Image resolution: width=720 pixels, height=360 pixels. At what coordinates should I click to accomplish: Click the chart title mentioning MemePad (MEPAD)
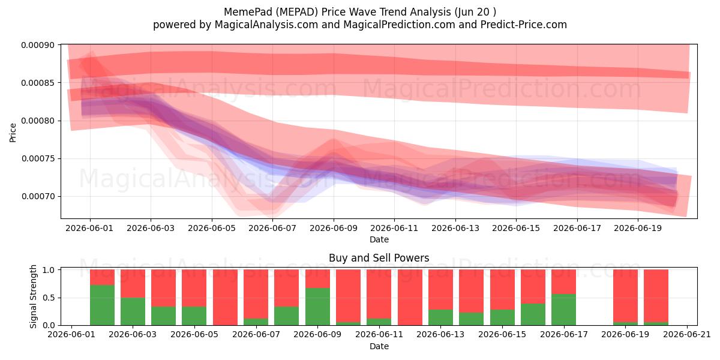point(359,12)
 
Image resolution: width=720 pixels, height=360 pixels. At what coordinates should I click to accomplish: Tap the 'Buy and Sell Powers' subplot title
point(379,258)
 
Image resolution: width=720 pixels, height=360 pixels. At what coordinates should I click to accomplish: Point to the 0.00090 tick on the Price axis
point(38,45)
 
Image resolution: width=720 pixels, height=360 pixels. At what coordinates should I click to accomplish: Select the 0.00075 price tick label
point(38,159)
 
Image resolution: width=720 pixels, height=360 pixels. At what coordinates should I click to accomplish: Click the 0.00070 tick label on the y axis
point(38,196)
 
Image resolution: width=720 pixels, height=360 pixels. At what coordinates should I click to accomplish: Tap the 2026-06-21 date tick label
point(687,335)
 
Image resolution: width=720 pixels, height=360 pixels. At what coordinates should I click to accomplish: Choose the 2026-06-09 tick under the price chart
point(334,228)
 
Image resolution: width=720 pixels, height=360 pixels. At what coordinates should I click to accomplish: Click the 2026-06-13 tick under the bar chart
point(440,335)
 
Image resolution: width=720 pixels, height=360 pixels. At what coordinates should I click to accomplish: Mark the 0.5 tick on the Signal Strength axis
point(49,298)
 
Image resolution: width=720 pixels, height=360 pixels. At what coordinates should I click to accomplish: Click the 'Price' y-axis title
point(13,133)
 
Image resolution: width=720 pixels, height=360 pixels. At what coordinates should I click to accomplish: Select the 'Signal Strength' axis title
point(33,296)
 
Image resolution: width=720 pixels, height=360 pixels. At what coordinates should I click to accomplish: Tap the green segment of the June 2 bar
point(102,305)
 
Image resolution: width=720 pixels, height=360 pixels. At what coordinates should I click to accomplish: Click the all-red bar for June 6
point(226,298)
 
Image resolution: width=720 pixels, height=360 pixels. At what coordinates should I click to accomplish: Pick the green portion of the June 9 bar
point(317,307)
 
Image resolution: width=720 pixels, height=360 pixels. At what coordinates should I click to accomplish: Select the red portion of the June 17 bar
point(564,281)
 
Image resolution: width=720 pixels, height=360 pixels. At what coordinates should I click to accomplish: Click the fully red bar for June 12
point(410,298)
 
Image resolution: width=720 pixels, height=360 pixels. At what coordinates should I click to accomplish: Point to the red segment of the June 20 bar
point(656,296)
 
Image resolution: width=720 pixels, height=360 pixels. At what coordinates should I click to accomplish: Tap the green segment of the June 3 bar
point(133,311)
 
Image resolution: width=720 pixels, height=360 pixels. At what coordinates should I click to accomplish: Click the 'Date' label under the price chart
point(379,239)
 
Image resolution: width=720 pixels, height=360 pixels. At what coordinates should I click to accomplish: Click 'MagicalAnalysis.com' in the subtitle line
point(266,25)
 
